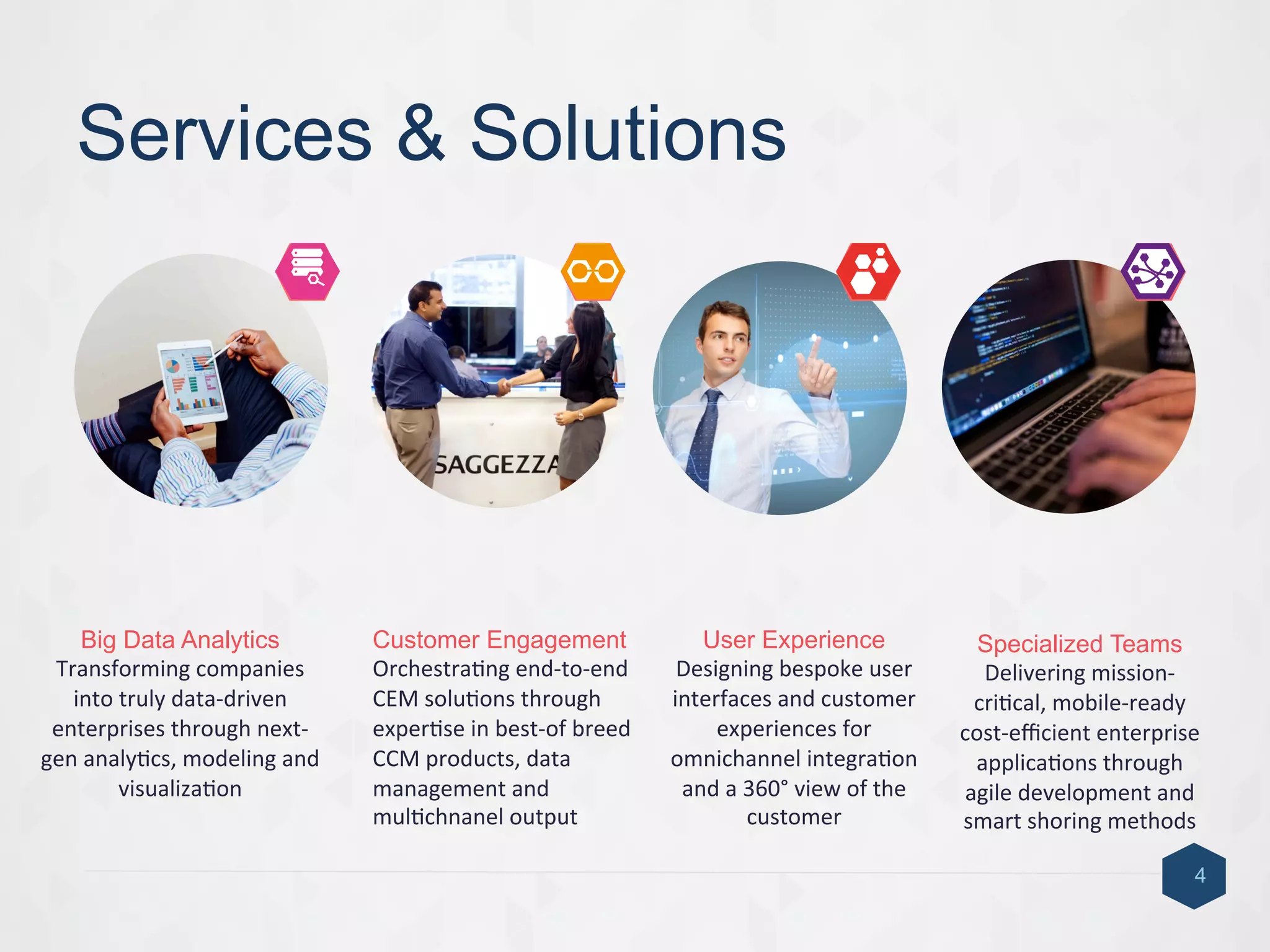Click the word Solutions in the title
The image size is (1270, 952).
(x=628, y=134)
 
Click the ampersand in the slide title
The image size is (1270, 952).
(x=421, y=134)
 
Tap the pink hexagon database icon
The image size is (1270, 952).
(x=308, y=271)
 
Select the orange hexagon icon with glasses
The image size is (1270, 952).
(x=593, y=271)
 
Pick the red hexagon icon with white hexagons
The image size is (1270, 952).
(x=868, y=271)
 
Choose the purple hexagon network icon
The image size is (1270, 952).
(x=1153, y=271)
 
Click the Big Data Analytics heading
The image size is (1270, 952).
(x=180, y=640)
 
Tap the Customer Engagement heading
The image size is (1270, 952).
(x=499, y=640)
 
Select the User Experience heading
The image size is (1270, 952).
(x=794, y=640)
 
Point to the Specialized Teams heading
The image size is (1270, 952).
(x=1079, y=644)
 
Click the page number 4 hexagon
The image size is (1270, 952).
(x=1194, y=876)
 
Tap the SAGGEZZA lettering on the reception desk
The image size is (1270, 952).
(x=496, y=464)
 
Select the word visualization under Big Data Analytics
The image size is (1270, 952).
(x=180, y=789)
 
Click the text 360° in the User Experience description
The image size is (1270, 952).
(x=765, y=789)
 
